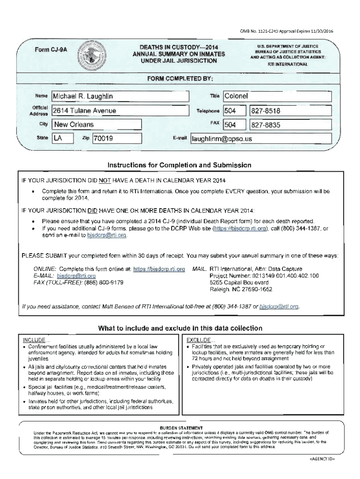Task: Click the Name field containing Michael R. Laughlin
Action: [x=119, y=96]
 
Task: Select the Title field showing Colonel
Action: [x=278, y=96]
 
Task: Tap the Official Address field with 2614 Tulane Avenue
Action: [x=119, y=111]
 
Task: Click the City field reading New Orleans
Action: [x=96, y=124]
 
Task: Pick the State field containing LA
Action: [x=64, y=138]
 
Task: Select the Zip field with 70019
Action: [x=117, y=138]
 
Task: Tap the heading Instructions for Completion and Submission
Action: [x=180, y=165]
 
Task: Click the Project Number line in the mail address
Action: [x=264, y=276]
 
